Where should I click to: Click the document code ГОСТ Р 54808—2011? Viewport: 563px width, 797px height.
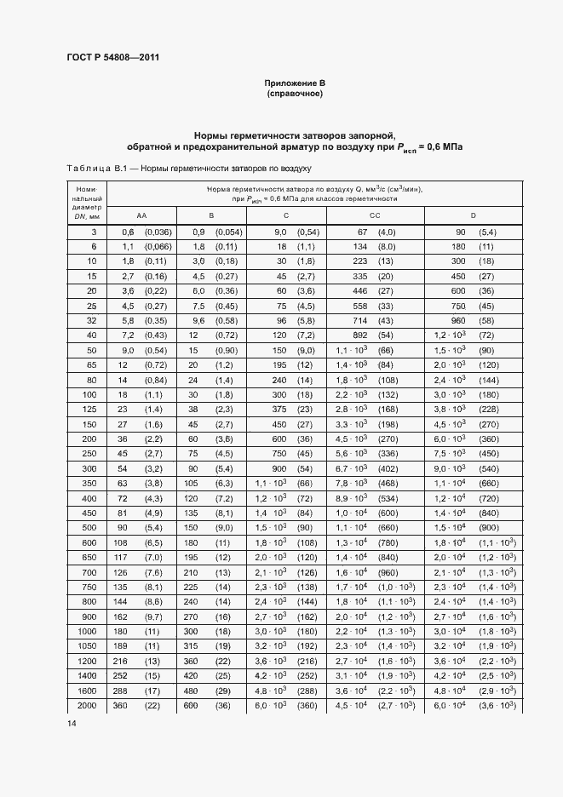pos(113,58)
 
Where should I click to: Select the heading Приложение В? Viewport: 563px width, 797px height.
pos(295,83)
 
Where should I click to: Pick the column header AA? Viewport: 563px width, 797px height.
pos(141,215)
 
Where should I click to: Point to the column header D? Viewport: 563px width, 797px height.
pos(473,215)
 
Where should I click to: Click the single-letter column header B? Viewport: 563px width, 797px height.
pos(210,215)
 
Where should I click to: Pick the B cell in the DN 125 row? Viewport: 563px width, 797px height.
pos(210,410)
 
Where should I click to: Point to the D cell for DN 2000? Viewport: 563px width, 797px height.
pos(474,706)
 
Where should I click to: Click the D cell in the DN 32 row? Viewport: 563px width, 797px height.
pos(474,321)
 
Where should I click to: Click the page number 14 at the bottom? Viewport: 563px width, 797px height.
pos(72,724)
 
